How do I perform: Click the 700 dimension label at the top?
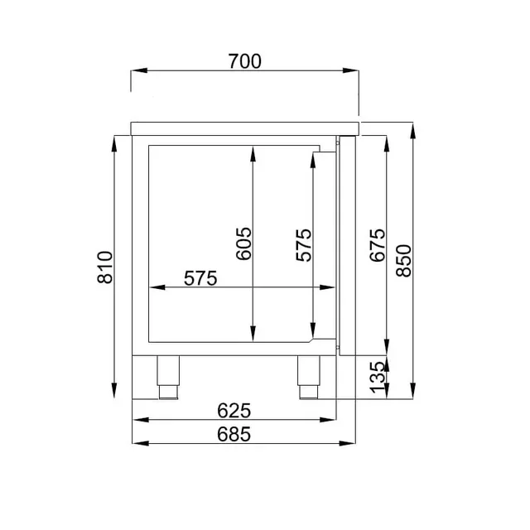tap(244, 60)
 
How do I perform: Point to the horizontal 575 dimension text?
tap(200, 278)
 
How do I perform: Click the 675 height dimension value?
tap(377, 245)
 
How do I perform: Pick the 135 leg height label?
tap(377, 376)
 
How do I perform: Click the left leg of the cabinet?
tap(169, 377)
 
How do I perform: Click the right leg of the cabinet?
tap(310, 377)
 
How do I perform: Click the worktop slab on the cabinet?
tap(245, 127)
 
